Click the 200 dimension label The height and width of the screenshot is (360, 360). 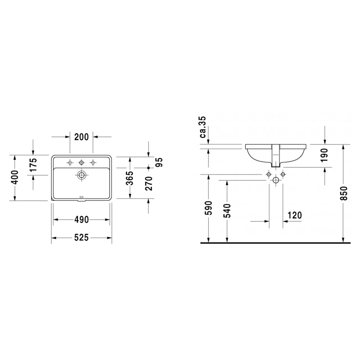pos(81,137)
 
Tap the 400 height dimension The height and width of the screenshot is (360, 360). pos(14,178)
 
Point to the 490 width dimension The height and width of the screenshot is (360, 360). pos(81,220)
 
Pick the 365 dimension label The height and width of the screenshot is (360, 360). pos(130,178)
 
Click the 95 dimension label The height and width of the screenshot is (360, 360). pos(158,162)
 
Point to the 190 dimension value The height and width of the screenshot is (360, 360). pos(325,155)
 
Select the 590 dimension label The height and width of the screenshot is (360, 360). pos(208,209)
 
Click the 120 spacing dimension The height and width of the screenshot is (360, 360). pos(294,216)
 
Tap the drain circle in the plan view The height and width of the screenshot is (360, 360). pos(81,175)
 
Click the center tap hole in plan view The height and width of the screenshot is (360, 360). pos(81,162)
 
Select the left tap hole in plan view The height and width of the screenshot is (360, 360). pos(70,162)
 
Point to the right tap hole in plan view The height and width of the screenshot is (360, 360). pos(93,162)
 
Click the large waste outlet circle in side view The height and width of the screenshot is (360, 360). pos(276,180)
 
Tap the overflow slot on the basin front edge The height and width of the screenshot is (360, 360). pos(81,197)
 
